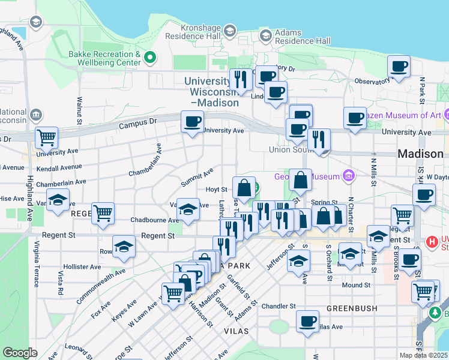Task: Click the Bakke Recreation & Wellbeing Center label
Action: point(104,58)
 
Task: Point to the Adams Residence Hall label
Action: point(303,37)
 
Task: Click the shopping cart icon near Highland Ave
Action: point(46,137)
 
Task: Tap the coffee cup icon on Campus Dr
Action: point(193,122)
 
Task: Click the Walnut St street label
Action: point(79,111)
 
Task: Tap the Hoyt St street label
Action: point(216,190)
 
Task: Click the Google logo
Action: point(20,353)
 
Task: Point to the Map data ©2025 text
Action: point(424,355)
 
